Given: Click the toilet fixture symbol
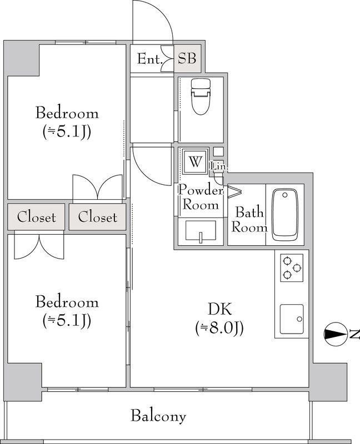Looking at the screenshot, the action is tap(201, 96).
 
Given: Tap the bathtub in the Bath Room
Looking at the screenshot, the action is tap(285, 215).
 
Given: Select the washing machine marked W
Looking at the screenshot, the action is tap(195, 162).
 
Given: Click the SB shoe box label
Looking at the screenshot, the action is tap(187, 58).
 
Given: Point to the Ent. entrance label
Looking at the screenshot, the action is tap(150, 59).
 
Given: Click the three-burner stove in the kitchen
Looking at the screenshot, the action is tap(292, 268).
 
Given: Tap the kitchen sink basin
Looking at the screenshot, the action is tap(292, 319).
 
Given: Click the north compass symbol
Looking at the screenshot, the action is tap(336, 334).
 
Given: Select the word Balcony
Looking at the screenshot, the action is tap(158, 416).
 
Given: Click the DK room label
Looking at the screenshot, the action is tap(219, 309).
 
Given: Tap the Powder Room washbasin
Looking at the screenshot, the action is tap(201, 231).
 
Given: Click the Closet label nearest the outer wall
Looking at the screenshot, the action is tap(36, 217).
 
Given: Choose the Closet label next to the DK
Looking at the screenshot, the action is tap(98, 217).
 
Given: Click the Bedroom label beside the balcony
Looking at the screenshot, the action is tap(67, 302).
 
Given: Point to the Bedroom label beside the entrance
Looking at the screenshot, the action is tap(67, 113).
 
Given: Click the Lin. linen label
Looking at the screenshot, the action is tap(218, 167).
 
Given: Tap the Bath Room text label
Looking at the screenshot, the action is tap(249, 220).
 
